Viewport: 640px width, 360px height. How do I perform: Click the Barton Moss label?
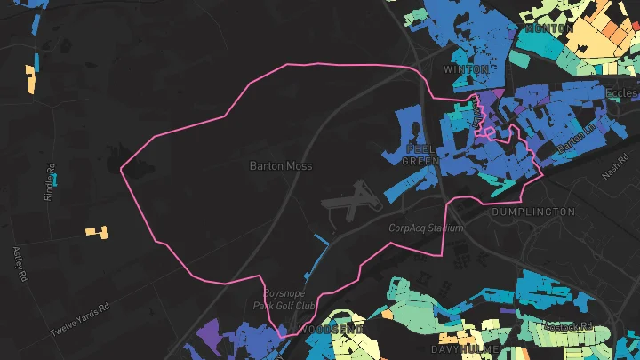(280, 165)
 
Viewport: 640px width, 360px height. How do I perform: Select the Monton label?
(549, 28)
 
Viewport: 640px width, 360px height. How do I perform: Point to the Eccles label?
(622, 92)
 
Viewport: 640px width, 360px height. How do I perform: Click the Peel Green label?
(419, 155)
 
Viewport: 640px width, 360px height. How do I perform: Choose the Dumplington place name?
(533, 212)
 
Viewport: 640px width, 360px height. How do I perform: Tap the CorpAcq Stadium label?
(427, 228)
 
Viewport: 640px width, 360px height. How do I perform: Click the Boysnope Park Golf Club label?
(290, 300)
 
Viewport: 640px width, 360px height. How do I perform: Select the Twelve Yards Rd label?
(79, 318)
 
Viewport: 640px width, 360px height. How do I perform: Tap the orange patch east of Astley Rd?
(97, 232)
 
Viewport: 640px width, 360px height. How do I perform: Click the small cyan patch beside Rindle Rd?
(55, 179)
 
